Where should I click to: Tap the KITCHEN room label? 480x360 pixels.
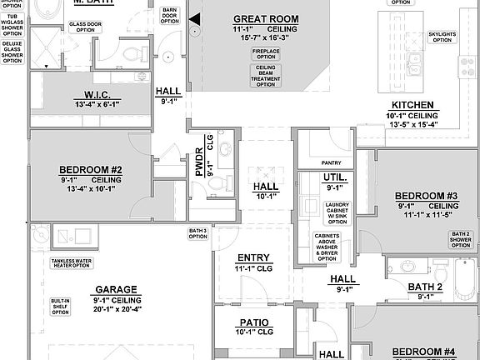coord(408,104)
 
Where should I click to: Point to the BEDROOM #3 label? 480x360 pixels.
coord(427,196)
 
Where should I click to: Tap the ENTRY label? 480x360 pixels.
coord(253,257)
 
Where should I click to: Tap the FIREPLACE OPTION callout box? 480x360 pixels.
coord(266,53)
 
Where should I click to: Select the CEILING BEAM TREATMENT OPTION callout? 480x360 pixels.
coord(266,75)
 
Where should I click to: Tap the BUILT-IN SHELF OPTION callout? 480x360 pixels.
coord(59,305)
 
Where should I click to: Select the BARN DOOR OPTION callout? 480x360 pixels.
coord(170,15)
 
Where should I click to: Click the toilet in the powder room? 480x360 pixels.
coord(219,182)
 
